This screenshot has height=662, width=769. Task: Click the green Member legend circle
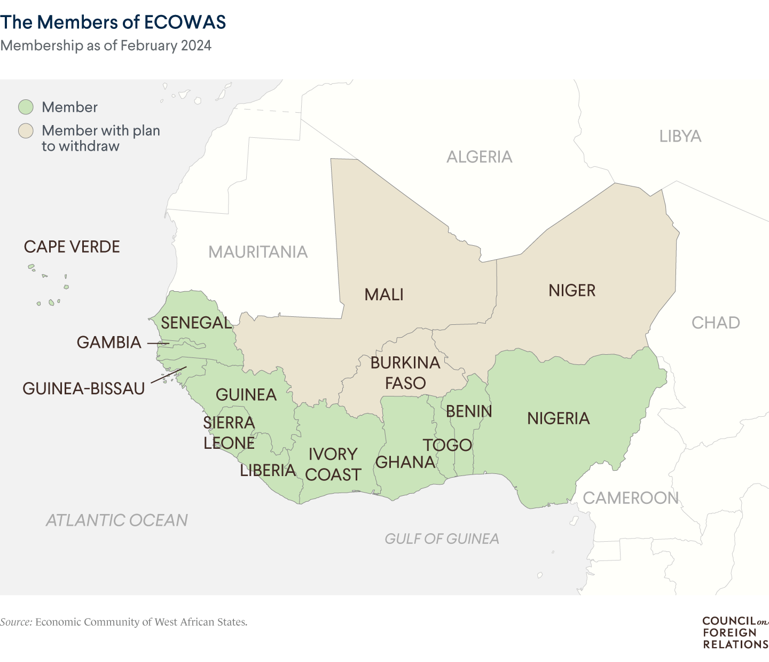coord(26,107)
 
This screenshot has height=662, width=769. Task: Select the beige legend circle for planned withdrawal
coord(26,131)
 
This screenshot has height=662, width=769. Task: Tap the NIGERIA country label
coord(558,418)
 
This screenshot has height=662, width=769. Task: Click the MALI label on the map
coord(383,294)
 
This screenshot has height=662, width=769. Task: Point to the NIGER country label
coord(571,291)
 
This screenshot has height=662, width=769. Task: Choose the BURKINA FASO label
coord(405,373)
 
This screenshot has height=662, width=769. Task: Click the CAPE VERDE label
coord(72,247)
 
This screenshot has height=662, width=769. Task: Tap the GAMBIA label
coord(109,342)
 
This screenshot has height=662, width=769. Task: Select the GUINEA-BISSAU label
coord(84,388)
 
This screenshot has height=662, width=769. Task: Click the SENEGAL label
coord(196,323)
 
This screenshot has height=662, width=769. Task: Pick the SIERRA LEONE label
coord(229,433)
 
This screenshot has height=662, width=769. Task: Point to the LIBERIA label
coord(268,470)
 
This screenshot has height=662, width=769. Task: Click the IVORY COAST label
coord(333,464)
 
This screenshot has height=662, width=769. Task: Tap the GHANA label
coord(405,462)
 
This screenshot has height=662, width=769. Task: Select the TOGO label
coord(448,445)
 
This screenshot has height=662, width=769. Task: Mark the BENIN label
coord(469,411)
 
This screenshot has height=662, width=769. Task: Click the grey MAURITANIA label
coord(258,252)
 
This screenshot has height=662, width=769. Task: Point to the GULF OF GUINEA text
coord(442,539)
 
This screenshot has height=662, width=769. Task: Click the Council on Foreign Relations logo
coord(735,633)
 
